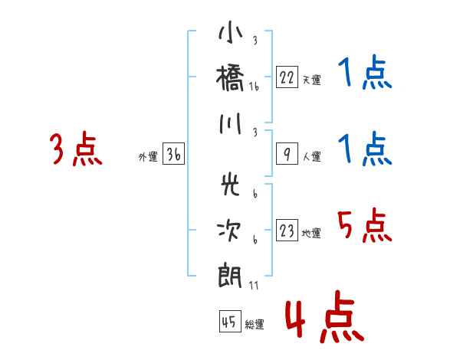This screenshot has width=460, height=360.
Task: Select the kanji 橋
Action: click(230, 79)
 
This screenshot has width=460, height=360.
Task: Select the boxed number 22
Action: click(287, 77)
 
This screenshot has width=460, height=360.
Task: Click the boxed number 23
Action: click(287, 230)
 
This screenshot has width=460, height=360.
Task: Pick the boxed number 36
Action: click(173, 155)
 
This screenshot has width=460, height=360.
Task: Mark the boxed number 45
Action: click(229, 322)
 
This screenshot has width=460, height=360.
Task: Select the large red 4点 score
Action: click(323, 319)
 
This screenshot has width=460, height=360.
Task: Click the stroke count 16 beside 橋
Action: click(254, 87)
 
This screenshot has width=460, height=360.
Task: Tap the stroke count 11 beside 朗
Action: click(254, 286)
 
